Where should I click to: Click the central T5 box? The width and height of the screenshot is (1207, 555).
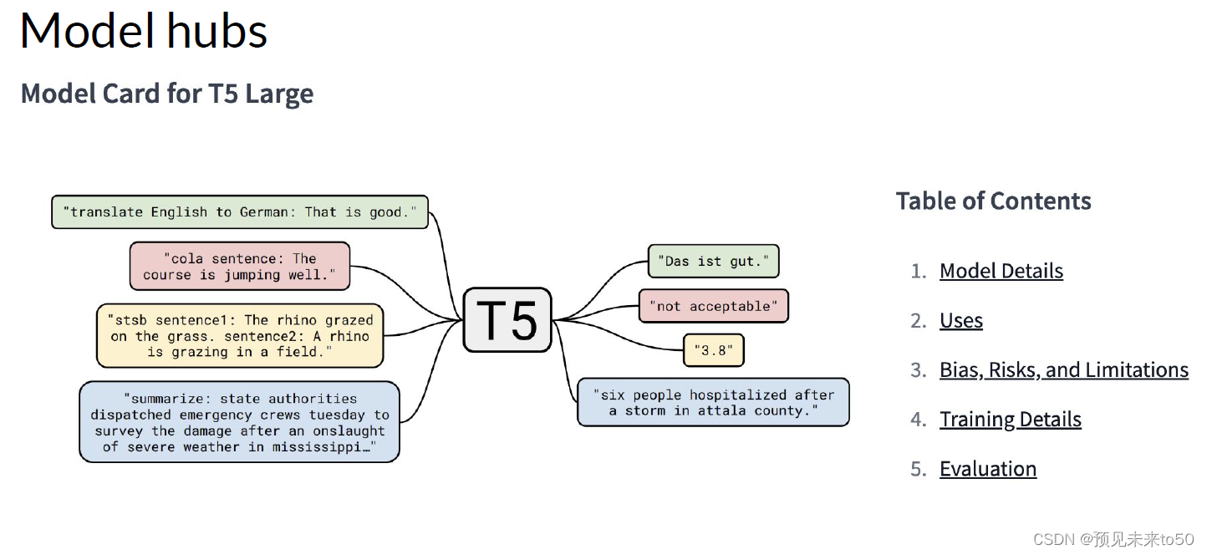[507, 319]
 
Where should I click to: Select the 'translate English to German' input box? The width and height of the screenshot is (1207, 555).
[240, 212]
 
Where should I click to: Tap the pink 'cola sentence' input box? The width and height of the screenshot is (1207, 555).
[240, 267]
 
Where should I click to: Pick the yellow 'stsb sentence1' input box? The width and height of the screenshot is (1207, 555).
[240, 336]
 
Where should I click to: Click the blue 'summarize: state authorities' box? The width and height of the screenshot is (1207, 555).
[240, 422]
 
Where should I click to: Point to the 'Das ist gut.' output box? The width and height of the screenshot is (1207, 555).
[713, 262]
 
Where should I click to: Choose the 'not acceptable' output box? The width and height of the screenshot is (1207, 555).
[713, 306]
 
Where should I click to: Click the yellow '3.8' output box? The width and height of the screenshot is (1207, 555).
[713, 351]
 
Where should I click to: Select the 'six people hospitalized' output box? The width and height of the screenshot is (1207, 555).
[713, 403]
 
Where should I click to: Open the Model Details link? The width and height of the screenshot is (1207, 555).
[1001, 271]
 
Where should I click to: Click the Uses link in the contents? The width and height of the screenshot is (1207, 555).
[960, 320]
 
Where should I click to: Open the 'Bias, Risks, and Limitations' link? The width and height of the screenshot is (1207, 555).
[1063, 369]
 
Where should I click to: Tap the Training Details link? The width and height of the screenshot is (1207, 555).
[1010, 419]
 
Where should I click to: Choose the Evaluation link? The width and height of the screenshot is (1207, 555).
[987, 469]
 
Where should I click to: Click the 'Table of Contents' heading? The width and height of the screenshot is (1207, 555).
[993, 201]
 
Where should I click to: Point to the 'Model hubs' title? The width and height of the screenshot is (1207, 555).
[143, 31]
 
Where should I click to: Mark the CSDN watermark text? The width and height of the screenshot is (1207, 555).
[1113, 539]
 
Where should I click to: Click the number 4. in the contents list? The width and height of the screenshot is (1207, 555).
[919, 420]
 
